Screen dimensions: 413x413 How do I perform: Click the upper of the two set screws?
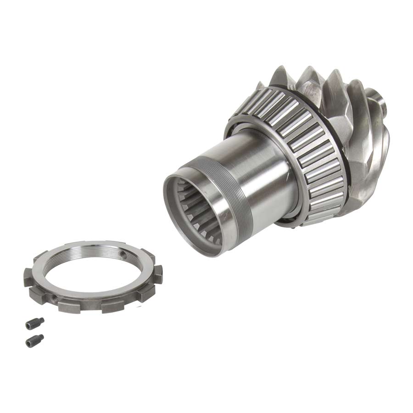pos(35,323)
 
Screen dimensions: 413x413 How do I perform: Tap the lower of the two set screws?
pos(34,340)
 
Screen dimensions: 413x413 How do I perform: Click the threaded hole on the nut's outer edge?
pos(56,299)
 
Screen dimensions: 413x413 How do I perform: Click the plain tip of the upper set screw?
pos(41,320)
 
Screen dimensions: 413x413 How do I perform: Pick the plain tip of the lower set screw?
pos(41,338)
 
